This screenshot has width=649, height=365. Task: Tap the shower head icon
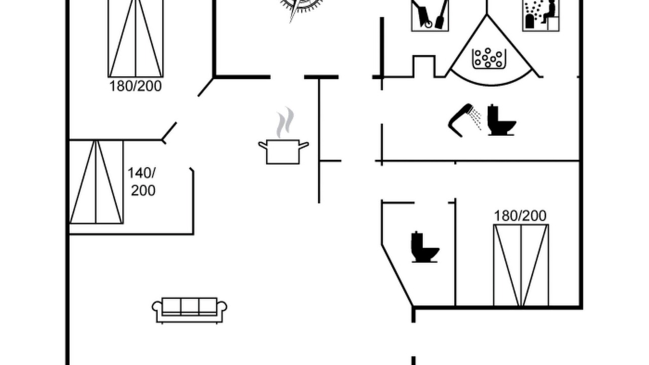[464, 120]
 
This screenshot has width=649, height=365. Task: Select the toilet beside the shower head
[501, 120]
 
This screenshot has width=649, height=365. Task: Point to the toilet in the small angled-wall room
[425, 247]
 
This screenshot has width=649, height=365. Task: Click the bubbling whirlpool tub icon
[489, 58]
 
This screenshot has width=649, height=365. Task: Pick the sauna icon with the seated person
[541, 15]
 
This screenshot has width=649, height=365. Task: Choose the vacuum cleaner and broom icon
[430, 15]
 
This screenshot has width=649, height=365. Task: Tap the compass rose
[301, 7]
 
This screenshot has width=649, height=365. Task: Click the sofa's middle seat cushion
[190, 307]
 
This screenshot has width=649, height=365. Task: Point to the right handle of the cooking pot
[304, 145]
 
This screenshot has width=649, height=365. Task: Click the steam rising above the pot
[285, 122]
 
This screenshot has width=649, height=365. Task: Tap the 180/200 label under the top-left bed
[135, 86]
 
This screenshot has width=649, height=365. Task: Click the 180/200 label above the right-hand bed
[520, 216]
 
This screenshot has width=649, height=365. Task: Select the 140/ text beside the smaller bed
[141, 173]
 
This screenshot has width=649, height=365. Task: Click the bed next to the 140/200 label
[96, 182]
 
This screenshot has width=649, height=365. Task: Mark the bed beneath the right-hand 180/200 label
[521, 265]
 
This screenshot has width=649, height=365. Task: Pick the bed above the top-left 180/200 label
[135, 39]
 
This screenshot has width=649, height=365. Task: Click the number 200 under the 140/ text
[143, 190]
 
